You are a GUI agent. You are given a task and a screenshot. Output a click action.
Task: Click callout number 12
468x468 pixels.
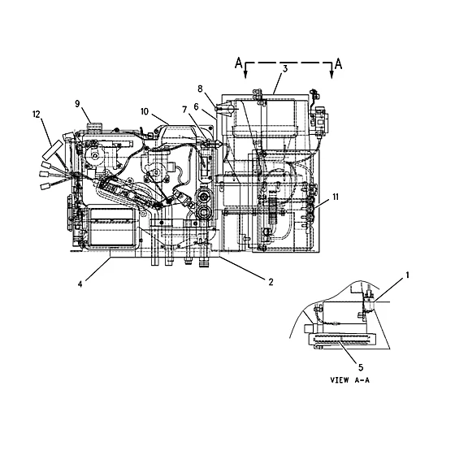click(37, 115)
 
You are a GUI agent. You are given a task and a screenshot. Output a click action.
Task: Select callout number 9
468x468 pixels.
click(78, 104)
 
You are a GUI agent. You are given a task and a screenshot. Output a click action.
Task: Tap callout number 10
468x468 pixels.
click(145, 111)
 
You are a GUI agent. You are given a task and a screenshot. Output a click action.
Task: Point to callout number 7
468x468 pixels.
click(184, 110)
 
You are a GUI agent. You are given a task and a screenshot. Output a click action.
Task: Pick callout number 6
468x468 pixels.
click(196, 107)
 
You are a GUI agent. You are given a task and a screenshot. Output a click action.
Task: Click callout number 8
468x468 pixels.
click(200, 89)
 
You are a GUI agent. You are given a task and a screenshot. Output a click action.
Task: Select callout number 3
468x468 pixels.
click(285, 69)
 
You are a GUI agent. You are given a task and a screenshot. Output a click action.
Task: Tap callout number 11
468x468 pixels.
click(336, 197)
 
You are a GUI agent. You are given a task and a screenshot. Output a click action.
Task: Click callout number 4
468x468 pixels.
click(80, 284)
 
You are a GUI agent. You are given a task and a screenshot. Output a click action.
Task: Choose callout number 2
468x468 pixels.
click(271, 282)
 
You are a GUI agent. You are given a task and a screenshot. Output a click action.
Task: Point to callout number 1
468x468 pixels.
click(407, 275)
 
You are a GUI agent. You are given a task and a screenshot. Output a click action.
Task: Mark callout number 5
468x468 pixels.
click(361, 367)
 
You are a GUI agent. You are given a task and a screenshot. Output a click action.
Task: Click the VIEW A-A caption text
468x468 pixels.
click(350, 380)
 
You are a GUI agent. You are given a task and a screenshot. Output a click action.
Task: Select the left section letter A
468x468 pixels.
click(239, 63)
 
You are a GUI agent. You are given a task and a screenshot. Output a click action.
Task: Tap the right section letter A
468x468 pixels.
click(338, 64)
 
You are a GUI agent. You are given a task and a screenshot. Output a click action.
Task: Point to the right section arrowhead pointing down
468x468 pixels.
click(331, 75)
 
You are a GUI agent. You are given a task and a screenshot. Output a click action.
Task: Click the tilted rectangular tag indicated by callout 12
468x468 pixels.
click(53, 150)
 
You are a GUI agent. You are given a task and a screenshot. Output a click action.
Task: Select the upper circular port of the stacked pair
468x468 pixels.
click(204, 196)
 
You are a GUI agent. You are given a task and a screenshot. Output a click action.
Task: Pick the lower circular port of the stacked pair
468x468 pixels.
click(204, 212)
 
